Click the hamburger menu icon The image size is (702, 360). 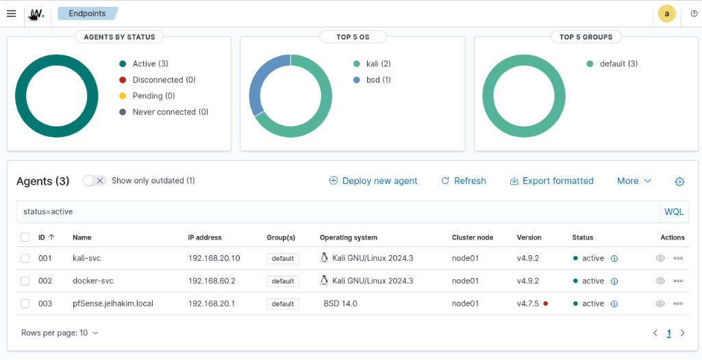(11, 14)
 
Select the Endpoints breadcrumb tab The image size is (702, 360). (87, 13)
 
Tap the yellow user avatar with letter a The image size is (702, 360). (666, 14)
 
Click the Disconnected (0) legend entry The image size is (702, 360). (164, 80)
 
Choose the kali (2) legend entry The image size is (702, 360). (378, 64)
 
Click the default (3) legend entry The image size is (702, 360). (618, 64)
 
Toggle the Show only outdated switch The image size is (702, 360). (95, 181)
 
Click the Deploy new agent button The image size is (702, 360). (373, 181)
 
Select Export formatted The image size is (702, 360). (551, 181)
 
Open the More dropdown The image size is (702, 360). (634, 181)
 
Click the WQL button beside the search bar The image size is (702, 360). (674, 211)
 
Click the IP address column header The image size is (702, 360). (205, 237)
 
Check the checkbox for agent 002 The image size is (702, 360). (25, 281)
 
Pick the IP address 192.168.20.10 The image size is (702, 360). (214, 258)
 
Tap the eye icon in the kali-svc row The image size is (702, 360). (660, 258)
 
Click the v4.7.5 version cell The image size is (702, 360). (529, 303)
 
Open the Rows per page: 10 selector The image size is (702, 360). (60, 333)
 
